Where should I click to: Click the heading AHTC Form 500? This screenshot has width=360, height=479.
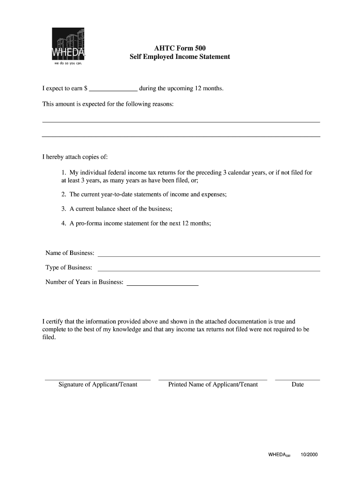pos(180,48)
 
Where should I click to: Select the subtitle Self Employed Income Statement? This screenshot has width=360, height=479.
pos(180,57)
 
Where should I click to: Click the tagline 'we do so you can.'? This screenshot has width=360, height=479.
pos(68,63)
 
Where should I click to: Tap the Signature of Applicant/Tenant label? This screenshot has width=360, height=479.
pos(98,385)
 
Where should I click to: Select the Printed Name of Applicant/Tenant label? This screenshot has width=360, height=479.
pos(213,385)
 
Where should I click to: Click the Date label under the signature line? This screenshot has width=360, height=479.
pos(297,385)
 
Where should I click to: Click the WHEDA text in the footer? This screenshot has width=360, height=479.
pos(277,454)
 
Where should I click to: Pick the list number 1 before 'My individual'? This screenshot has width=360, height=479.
pos(64,173)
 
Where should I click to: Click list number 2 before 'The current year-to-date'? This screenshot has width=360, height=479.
pos(64,194)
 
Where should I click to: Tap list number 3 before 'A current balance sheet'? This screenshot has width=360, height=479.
pos(64,209)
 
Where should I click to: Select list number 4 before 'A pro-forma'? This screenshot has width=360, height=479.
pos(64,223)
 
